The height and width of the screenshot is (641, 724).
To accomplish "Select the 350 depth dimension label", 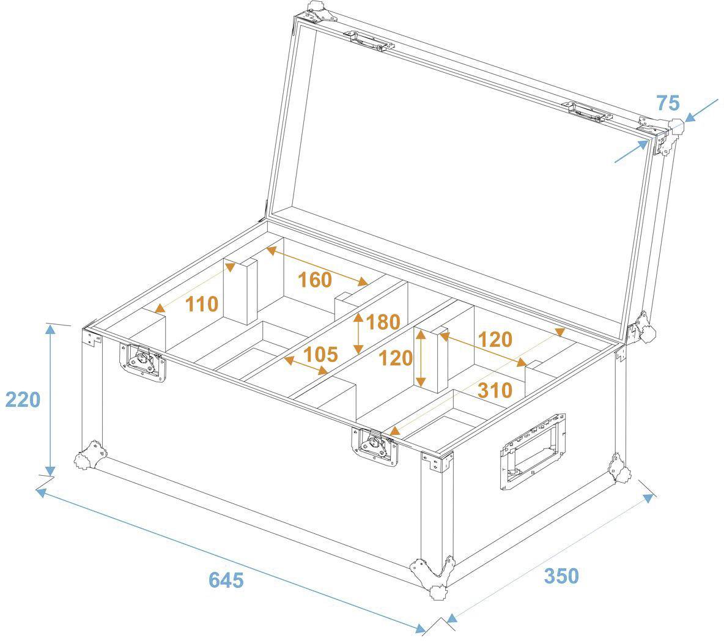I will coord(561,576).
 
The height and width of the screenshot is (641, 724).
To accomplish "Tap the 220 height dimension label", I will coord(23,399).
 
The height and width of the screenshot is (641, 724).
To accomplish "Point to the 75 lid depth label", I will coord(668,103).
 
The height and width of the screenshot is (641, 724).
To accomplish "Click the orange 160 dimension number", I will coord(314,280).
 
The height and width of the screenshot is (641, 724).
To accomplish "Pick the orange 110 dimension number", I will coord(202,303).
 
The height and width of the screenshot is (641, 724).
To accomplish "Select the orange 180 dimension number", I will coord(382,322).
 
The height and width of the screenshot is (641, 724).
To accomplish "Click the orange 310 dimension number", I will coord(495,390).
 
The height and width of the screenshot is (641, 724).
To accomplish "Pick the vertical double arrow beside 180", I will coord(358,334).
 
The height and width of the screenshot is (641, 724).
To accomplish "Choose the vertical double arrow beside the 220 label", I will coord(50,399).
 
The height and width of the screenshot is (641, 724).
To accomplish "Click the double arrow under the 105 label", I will coord(306,366).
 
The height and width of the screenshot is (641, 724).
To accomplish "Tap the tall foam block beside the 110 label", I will coord(240,291).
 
